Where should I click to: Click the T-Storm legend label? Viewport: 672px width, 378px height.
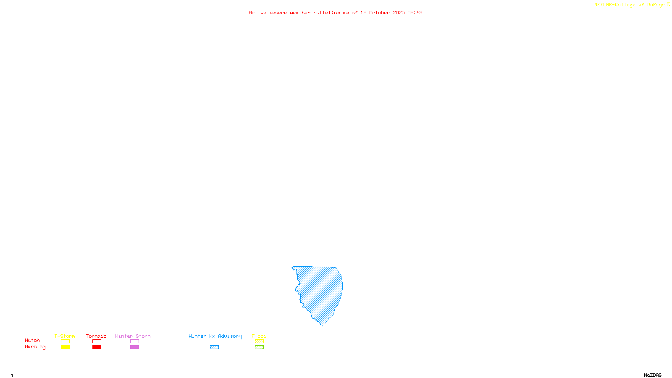coord(65,336)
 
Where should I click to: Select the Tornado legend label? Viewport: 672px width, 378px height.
coord(96,336)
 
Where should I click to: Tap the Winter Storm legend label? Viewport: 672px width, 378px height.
coord(133,336)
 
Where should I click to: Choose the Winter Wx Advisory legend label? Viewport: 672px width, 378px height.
coord(215,336)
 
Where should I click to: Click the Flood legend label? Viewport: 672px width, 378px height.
coord(259,336)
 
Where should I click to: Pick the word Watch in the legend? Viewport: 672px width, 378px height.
coord(32,340)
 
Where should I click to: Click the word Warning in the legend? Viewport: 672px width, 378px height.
coord(35,347)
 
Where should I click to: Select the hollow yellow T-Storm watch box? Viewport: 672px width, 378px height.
coord(65,341)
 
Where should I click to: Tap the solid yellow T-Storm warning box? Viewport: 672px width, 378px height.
coord(65,347)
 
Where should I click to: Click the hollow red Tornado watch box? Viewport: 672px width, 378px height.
coord(97,341)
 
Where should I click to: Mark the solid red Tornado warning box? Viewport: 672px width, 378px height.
coord(97,347)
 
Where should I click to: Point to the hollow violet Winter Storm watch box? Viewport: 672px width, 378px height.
coord(134,341)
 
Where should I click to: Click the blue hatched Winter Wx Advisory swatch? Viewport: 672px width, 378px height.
coord(214,347)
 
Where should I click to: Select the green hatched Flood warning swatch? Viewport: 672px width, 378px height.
coord(259,347)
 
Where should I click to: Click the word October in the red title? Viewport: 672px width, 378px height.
coord(379,13)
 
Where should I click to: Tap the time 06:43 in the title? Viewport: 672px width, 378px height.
coord(415,13)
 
